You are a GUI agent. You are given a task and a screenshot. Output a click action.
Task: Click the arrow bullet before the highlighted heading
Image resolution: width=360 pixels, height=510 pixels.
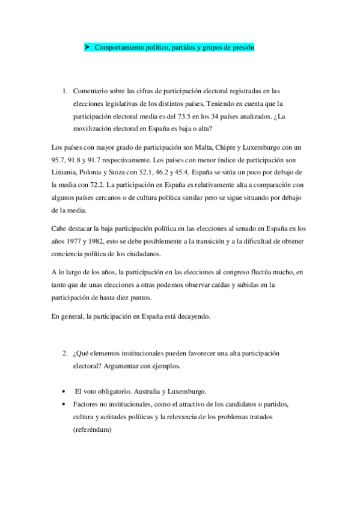pyautogui.click(x=87, y=46)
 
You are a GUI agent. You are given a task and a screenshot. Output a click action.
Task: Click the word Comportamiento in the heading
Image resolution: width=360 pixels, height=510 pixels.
pyautogui.click(x=118, y=46)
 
